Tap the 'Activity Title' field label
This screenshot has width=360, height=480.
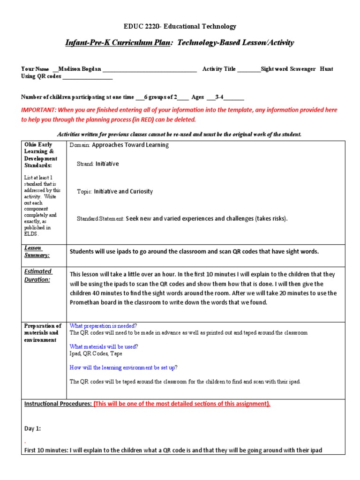tap(219, 69)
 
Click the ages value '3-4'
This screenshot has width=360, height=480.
tap(219, 97)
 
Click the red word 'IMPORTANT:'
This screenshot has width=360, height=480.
tap(38, 110)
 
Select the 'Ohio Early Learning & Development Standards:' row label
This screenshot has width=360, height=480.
tap(41, 155)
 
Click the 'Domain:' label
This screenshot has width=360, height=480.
tap(80, 145)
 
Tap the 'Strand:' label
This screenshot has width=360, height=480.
tap(85, 164)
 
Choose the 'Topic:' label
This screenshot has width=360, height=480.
tap(84, 192)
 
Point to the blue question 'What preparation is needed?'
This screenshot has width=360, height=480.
tap(103, 326)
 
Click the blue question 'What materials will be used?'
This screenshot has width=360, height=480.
tap(104, 347)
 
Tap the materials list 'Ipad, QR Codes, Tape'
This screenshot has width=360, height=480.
tap(96, 354)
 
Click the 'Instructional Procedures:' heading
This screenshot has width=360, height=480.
tap(58, 404)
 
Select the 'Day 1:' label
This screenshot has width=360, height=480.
tap(33, 428)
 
